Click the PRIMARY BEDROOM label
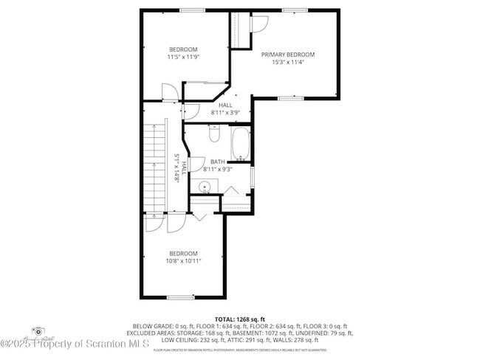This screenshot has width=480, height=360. coord(288,55)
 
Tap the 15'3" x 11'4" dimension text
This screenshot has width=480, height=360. coord(288,62)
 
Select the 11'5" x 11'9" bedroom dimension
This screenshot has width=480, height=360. coord(183,57)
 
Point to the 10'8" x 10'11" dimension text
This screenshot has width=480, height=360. coord(183,260)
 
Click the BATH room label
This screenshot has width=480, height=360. coord(218,162)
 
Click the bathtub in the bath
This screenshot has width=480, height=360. coord(241,144)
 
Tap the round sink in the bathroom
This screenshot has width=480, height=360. coord(206,186)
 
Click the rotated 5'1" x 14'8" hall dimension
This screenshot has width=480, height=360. coord(176,167)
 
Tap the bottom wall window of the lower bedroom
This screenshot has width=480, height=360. coord(180,297)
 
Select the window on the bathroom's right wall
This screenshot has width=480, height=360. coord(253,177)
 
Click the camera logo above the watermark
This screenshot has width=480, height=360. coord(38,333)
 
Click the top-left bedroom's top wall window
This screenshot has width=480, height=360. coord(192,10)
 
